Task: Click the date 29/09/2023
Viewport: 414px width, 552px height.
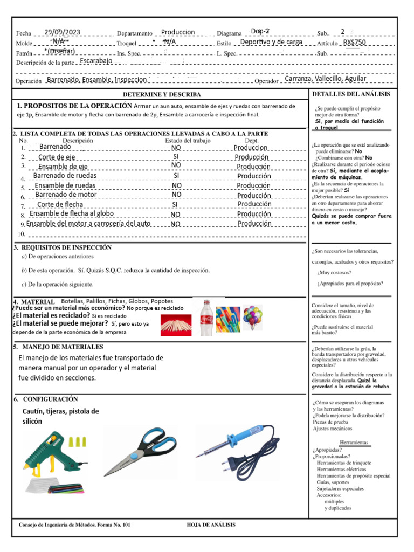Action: coord(63,32)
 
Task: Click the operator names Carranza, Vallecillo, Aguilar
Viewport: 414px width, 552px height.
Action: coord(325,79)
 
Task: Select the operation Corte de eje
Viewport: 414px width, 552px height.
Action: coord(57,157)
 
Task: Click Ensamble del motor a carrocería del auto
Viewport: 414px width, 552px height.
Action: coord(88,223)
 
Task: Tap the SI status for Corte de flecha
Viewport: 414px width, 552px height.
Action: coord(176,205)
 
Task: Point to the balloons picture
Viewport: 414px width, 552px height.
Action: coord(252,317)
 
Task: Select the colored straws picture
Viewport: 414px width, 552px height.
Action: coord(227,319)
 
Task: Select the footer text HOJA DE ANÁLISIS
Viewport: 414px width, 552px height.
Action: coord(211,525)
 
